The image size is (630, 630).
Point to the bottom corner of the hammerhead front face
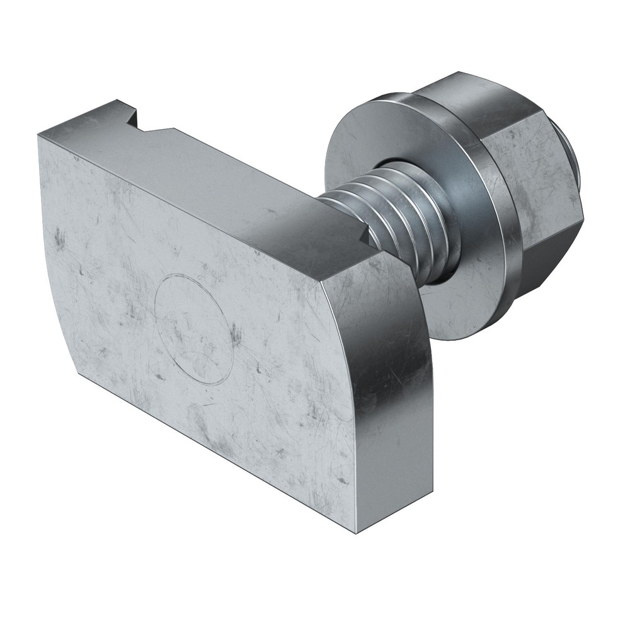pyautogui.click(x=357, y=532)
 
